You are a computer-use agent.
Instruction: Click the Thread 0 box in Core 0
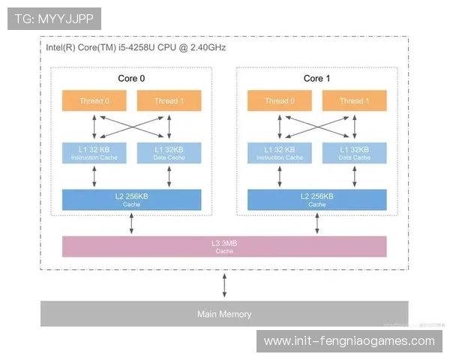pyautogui.click(x=94, y=101)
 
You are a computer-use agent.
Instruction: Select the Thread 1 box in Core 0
pyautogui.click(x=169, y=101)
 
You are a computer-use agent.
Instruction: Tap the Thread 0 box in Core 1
pyautogui.click(x=280, y=101)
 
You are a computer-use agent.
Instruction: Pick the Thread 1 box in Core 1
pyautogui.click(x=354, y=101)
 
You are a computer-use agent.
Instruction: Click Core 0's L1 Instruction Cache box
pyautogui.click(x=94, y=153)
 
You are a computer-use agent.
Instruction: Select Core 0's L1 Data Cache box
pyautogui.click(x=169, y=153)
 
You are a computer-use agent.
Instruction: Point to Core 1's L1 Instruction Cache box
pyautogui.click(x=280, y=153)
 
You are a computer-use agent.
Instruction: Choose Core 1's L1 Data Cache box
pyautogui.click(x=354, y=153)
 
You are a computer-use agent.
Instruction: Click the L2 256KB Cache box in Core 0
pyautogui.click(x=132, y=199)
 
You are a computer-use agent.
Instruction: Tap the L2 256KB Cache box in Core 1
pyautogui.click(x=316, y=199)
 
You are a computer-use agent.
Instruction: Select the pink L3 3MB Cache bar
pyautogui.click(x=224, y=246)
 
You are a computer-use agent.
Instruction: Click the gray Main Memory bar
pyautogui.click(x=224, y=313)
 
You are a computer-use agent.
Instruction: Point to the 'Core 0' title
pyautogui.click(x=132, y=78)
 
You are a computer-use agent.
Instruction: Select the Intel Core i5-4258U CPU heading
pyautogui.click(x=136, y=46)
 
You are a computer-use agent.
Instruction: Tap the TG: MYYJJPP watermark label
pyautogui.click(x=53, y=19)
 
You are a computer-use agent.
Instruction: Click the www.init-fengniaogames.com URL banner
pyautogui.click(x=349, y=341)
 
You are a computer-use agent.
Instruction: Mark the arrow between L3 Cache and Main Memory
pyautogui.click(x=224, y=286)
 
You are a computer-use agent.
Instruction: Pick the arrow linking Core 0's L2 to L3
pyautogui.click(x=132, y=223)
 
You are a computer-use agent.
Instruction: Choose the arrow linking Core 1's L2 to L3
pyautogui.click(x=316, y=223)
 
